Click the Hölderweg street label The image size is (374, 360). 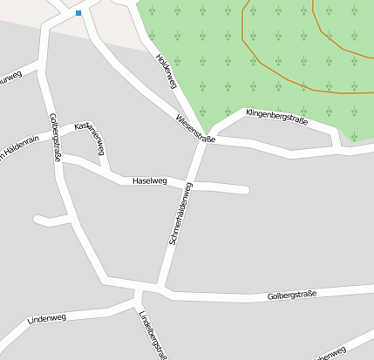tap(166, 71)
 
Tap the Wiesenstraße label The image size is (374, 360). tap(194, 128)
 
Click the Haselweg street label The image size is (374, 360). tap(148, 181)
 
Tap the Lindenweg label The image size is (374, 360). tap(47, 320)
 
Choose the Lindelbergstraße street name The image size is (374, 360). tap(152, 335)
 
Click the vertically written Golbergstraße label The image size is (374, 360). tap(55, 138)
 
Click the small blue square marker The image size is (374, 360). tap(78, 13)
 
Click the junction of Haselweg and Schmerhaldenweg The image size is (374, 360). tap(191, 185)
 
